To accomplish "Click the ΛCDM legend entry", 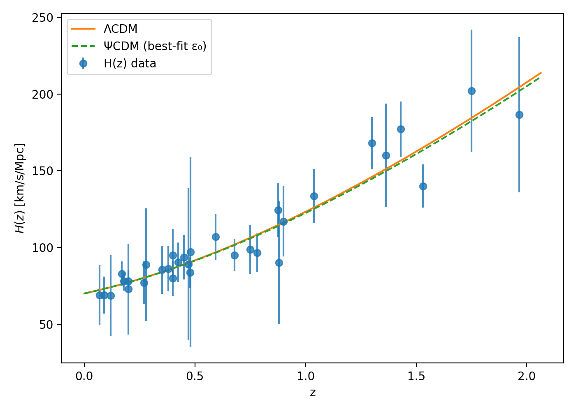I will pyautogui.click(x=120, y=29).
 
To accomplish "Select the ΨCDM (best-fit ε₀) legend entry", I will pyautogui.click(x=155, y=46).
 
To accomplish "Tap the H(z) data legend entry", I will pyautogui.click(x=130, y=64).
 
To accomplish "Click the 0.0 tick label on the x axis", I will pyautogui.click(x=84, y=376).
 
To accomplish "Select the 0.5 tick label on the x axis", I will pyautogui.click(x=195, y=376).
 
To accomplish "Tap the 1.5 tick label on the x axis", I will pyautogui.click(x=416, y=376).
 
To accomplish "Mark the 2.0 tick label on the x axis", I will pyautogui.click(x=527, y=376).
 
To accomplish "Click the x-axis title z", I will pyautogui.click(x=313, y=393).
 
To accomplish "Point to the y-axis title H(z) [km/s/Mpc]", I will pyautogui.click(x=20, y=188).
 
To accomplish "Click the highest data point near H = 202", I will pyautogui.click(x=471, y=91).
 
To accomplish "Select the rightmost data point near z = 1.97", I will pyautogui.click(x=519, y=115).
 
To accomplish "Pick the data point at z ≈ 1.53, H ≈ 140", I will pyautogui.click(x=423, y=186).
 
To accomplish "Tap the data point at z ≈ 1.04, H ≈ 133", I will pyautogui.click(x=314, y=196).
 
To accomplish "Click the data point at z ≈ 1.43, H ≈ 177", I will pyautogui.click(x=401, y=129).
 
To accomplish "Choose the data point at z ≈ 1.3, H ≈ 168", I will pyautogui.click(x=372, y=143).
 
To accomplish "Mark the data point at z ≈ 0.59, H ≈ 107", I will pyautogui.click(x=216, y=237).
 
